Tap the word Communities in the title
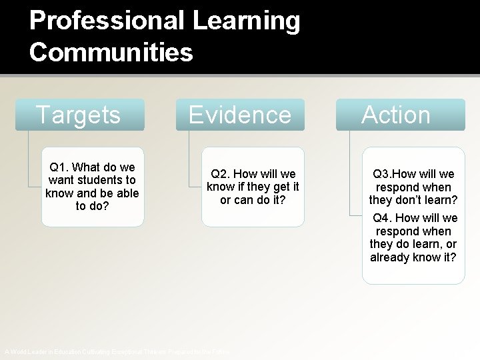tap(111, 51)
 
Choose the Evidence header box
tap(241, 115)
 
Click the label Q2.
tap(222, 174)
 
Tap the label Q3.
tap(384, 174)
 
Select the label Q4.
tap(385, 218)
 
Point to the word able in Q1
tap(126, 193)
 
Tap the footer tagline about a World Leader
tap(117, 351)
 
